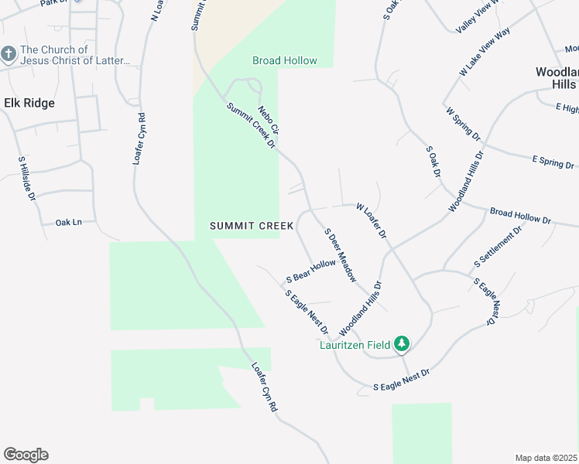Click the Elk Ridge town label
pyautogui.click(x=29, y=103)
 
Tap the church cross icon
pyautogui.click(x=9, y=55)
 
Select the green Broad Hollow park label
pyautogui.click(x=284, y=60)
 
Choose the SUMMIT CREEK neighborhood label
pyautogui.click(x=252, y=226)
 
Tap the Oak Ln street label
pyautogui.click(x=68, y=223)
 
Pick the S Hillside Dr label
pyautogui.click(x=27, y=179)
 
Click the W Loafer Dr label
pyautogui.click(x=371, y=220)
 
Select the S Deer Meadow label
pyautogui.click(x=341, y=254)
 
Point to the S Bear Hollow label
pyautogui.click(x=311, y=270)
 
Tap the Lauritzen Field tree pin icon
pyautogui.click(x=401, y=343)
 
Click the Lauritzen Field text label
pyautogui.click(x=355, y=345)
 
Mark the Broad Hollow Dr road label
pyautogui.click(x=520, y=216)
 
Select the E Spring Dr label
pyautogui.click(x=553, y=162)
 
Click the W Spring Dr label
pyautogui.click(x=464, y=124)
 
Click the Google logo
pyautogui.click(x=26, y=455)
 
